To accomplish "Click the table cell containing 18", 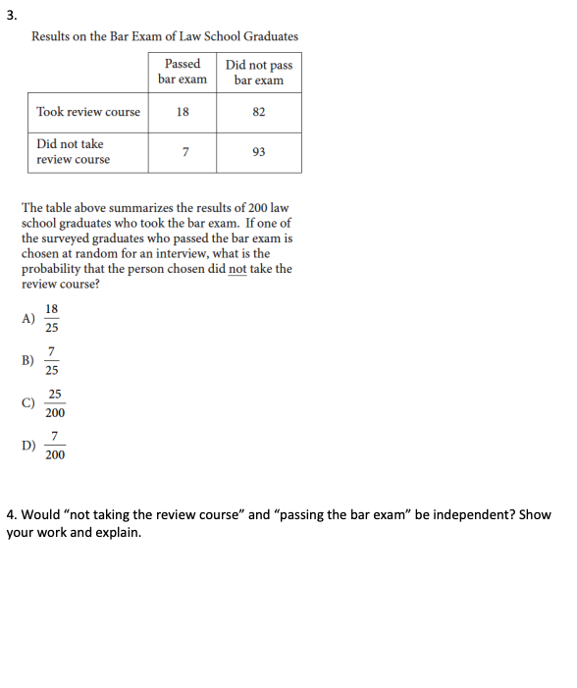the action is [183, 112].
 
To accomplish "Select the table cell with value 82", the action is [259, 112].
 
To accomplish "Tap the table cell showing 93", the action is [259, 152].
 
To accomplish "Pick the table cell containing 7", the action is [183, 152].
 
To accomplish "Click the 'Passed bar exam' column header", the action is [183, 72].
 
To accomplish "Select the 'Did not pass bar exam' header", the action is [259, 72].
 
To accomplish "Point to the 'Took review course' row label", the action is [88, 112].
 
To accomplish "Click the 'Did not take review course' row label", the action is [74, 152].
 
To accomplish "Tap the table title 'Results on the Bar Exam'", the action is [165, 36].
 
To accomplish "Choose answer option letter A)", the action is [28, 317].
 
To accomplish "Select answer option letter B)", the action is [28, 360].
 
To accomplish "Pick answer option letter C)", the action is [28, 402].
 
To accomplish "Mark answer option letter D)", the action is [28, 446].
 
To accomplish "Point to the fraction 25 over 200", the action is [55, 402].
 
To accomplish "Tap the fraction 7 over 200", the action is [55, 446].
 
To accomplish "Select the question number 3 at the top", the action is [9, 12].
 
